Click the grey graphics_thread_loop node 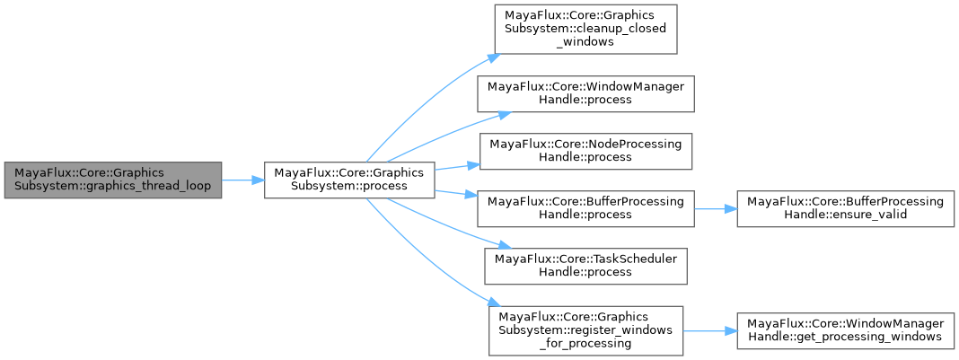pos(112,180)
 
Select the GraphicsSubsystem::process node pos(349,180)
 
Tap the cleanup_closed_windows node pos(581,33)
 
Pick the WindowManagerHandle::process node pos(585,92)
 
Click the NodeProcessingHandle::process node pos(585,150)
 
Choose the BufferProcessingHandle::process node pos(585,208)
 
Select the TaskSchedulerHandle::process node pos(585,264)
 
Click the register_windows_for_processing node pos(585,329)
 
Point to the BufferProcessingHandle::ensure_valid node pos(848,208)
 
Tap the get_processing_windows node pos(848,329)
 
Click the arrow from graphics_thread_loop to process pos(242,180)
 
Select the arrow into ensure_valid pos(715,208)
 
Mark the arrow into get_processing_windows pos(710,329)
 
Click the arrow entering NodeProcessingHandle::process pos(458,165)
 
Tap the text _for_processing pos(585,343)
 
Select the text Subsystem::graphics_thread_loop pos(112,186)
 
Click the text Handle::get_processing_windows pos(848,336)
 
